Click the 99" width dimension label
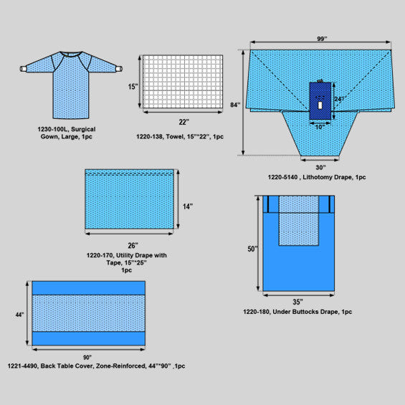[x=322, y=39]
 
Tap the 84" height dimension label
[x=235, y=105]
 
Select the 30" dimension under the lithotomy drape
[x=320, y=167]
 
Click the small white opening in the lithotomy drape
[x=320, y=105]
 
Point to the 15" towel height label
[x=133, y=87]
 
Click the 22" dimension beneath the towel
[x=184, y=122]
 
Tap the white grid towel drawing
[x=183, y=82]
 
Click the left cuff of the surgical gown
[x=23, y=69]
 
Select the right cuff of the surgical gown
[x=119, y=69]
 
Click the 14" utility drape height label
[x=188, y=206]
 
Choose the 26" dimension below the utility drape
[x=133, y=245]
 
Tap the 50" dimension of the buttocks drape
[x=252, y=249]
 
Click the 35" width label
[x=297, y=302]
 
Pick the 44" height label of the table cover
[x=19, y=315]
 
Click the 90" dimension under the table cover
[x=87, y=357]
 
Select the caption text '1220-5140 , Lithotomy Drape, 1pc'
[x=317, y=177]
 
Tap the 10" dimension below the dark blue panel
[x=320, y=127]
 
